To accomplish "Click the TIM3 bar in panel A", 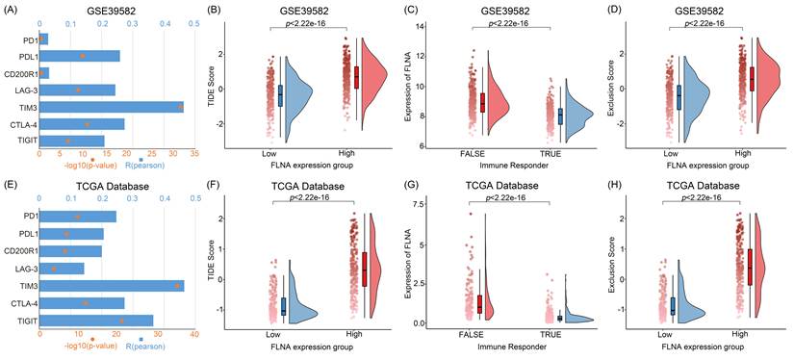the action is pyautogui.click(x=112, y=107).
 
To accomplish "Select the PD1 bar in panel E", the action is pyautogui.click(x=78, y=217).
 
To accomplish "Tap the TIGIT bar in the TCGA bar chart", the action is pyautogui.click(x=96, y=321).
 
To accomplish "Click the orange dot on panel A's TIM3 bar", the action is pyautogui.click(x=180, y=106).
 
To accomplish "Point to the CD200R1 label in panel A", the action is pyautogui.click(x=20, y=73).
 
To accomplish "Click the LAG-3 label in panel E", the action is pyautogui.click(x=25, y=269).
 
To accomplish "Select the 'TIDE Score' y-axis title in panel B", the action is pyautogui.click(x=212, y=83).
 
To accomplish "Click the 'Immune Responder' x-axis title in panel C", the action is pyautogui.click(x=509, y=165).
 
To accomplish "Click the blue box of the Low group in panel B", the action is pyautogui.click(x=280, y=95).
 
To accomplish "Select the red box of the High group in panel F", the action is pyautogui.click(x=365, y=270).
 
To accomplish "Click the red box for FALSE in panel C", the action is pyautogui.click(x=482, y=103).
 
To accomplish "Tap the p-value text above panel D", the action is pyautogui.click(x=705, y=22).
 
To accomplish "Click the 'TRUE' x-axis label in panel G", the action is pyautogui.click(x=551, y=334).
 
